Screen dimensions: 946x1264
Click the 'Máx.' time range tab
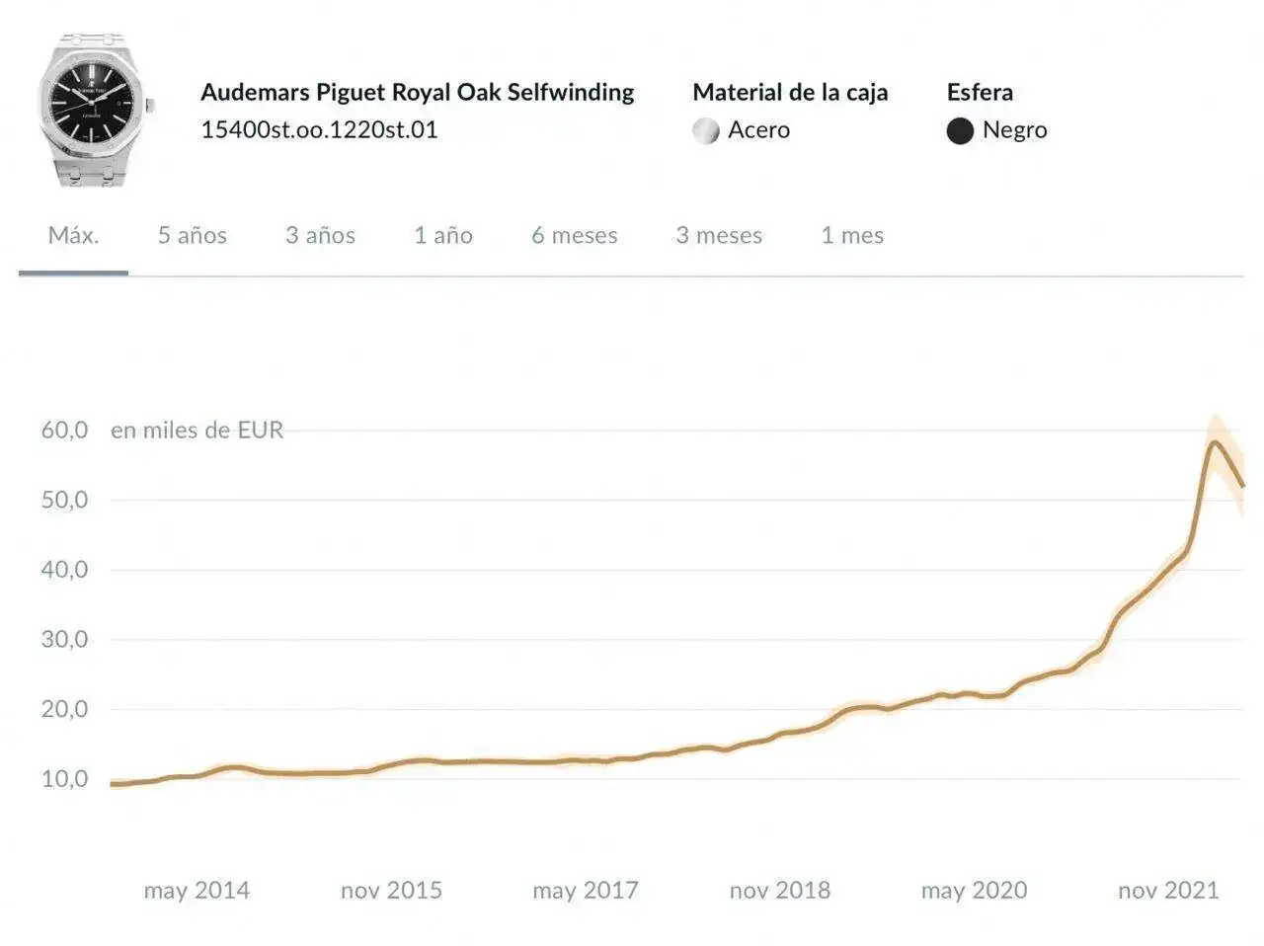pyautogui.click(x=73, y=235)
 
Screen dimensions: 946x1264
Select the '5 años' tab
pyautogui.click(x=193, y=235)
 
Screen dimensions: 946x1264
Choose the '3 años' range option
pyautogui.click(x=320, y=235)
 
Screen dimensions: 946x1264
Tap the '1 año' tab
pyautogui.click(x=443, y=235)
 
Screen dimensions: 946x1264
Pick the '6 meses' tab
pyautogui.click(x=575, y=235)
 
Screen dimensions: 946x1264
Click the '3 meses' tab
pyautogui.click(x=719, y=235)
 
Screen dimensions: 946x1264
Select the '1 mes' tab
pyautogui.click(x=852, y=235)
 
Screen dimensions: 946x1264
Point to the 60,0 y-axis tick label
pyautogui.click(x=64, y=430)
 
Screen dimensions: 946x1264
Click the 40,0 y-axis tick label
pyautogui.click(x=64, y=570)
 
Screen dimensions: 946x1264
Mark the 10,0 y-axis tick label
pyautogui.click(x=64, y=779)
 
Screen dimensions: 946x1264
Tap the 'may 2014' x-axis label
pyautogui.click(x=197, y=891)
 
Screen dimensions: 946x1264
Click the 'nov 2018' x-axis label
pyautogui.click(x=780, y=891)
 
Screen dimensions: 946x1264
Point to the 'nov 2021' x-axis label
pyautogui.click(x=1168, y=891)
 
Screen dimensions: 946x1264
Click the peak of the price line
pyautogui.click(x=1215, y=441)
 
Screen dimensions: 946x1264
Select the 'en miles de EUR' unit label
pyautogui.click(x=197, y=430)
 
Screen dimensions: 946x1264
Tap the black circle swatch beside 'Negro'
pyautogui.click(x=960, y=130)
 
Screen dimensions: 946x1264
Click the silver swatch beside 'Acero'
pyautogui.click(x=706, y=130)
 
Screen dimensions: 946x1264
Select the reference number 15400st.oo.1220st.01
pyautogui.click(x=319, y=129)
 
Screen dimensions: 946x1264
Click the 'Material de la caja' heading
pyautogui.click(x=790, y=92)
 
